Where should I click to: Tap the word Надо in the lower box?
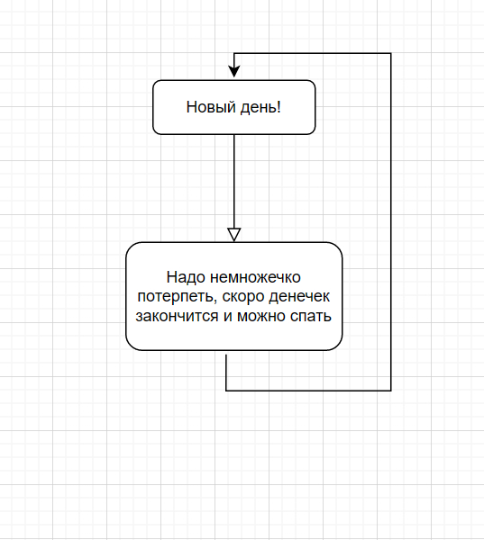187,277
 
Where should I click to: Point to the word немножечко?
255,277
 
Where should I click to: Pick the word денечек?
299,297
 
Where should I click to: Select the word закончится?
177,316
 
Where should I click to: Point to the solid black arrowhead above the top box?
234,71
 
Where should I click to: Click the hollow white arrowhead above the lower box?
234,235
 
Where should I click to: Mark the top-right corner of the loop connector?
391,53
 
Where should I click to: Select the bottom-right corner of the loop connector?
391,391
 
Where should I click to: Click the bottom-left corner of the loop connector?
226,391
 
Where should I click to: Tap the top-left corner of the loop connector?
234,53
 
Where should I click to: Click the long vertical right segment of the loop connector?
391,221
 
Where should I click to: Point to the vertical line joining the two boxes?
234,181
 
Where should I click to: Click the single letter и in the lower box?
228,317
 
